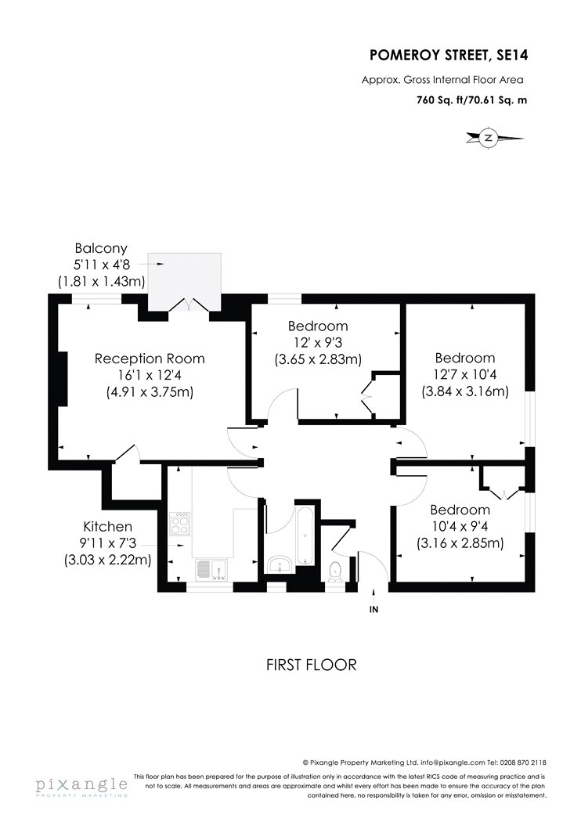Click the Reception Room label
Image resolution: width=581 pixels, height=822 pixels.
150,359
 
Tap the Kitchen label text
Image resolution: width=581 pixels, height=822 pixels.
107,526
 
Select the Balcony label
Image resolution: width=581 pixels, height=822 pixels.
101,248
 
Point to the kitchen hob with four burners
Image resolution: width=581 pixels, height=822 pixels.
180,523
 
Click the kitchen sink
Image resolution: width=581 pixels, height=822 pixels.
211,569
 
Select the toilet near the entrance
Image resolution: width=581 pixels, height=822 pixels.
334,571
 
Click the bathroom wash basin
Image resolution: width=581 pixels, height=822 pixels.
280,564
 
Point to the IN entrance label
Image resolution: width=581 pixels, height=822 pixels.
373,609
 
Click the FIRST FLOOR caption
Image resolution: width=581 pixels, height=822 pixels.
312,665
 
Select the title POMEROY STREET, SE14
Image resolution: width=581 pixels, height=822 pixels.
449,55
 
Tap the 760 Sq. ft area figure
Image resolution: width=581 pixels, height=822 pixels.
438,99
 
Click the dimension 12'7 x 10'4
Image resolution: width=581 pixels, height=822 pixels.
465,374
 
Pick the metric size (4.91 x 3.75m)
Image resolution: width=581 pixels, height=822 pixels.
150,391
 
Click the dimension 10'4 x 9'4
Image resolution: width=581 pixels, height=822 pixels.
460,526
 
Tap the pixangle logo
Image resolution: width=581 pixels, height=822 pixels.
81,786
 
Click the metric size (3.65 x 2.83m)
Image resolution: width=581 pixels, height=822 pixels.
318,359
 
